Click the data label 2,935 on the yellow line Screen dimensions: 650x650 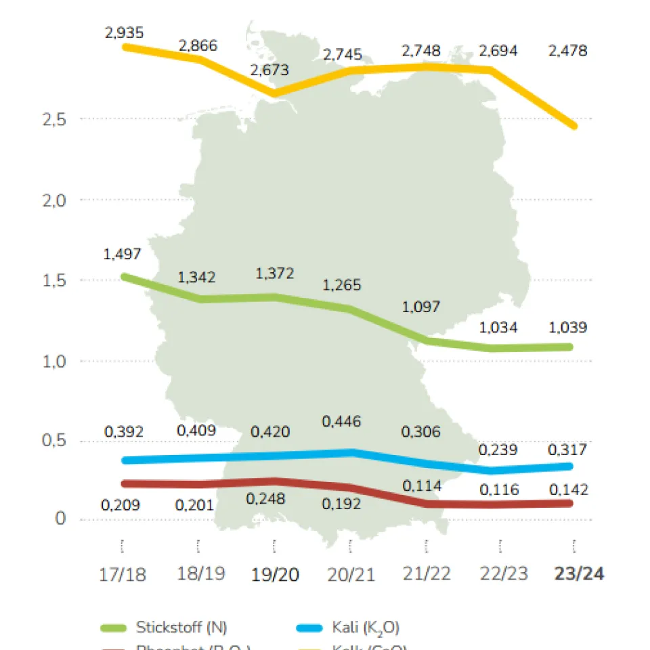pyautogui.click(x=124, y=32)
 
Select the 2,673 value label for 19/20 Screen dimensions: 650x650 pyautogui.click(x=269, y=70)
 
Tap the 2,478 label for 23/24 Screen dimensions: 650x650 pyautogui.click(x=568, y=50)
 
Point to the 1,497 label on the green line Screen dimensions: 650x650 pyautogui.click(x=123, y=254)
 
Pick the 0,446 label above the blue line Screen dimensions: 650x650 pyautogui.click(x=342, y=422)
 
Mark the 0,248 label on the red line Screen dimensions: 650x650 pyautogui.click(x=267, y=499)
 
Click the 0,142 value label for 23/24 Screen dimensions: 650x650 pyautogui.click(x=569, y=490)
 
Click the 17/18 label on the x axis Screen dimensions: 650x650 pyautogui.click(x=123, y=574)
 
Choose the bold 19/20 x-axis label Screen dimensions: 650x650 pyautogui.click(x=275, y=574)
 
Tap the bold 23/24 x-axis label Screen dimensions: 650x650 pyautogui.click(x=578, y=574)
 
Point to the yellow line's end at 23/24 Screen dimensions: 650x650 pyautogui.click(x=574, y=125)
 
